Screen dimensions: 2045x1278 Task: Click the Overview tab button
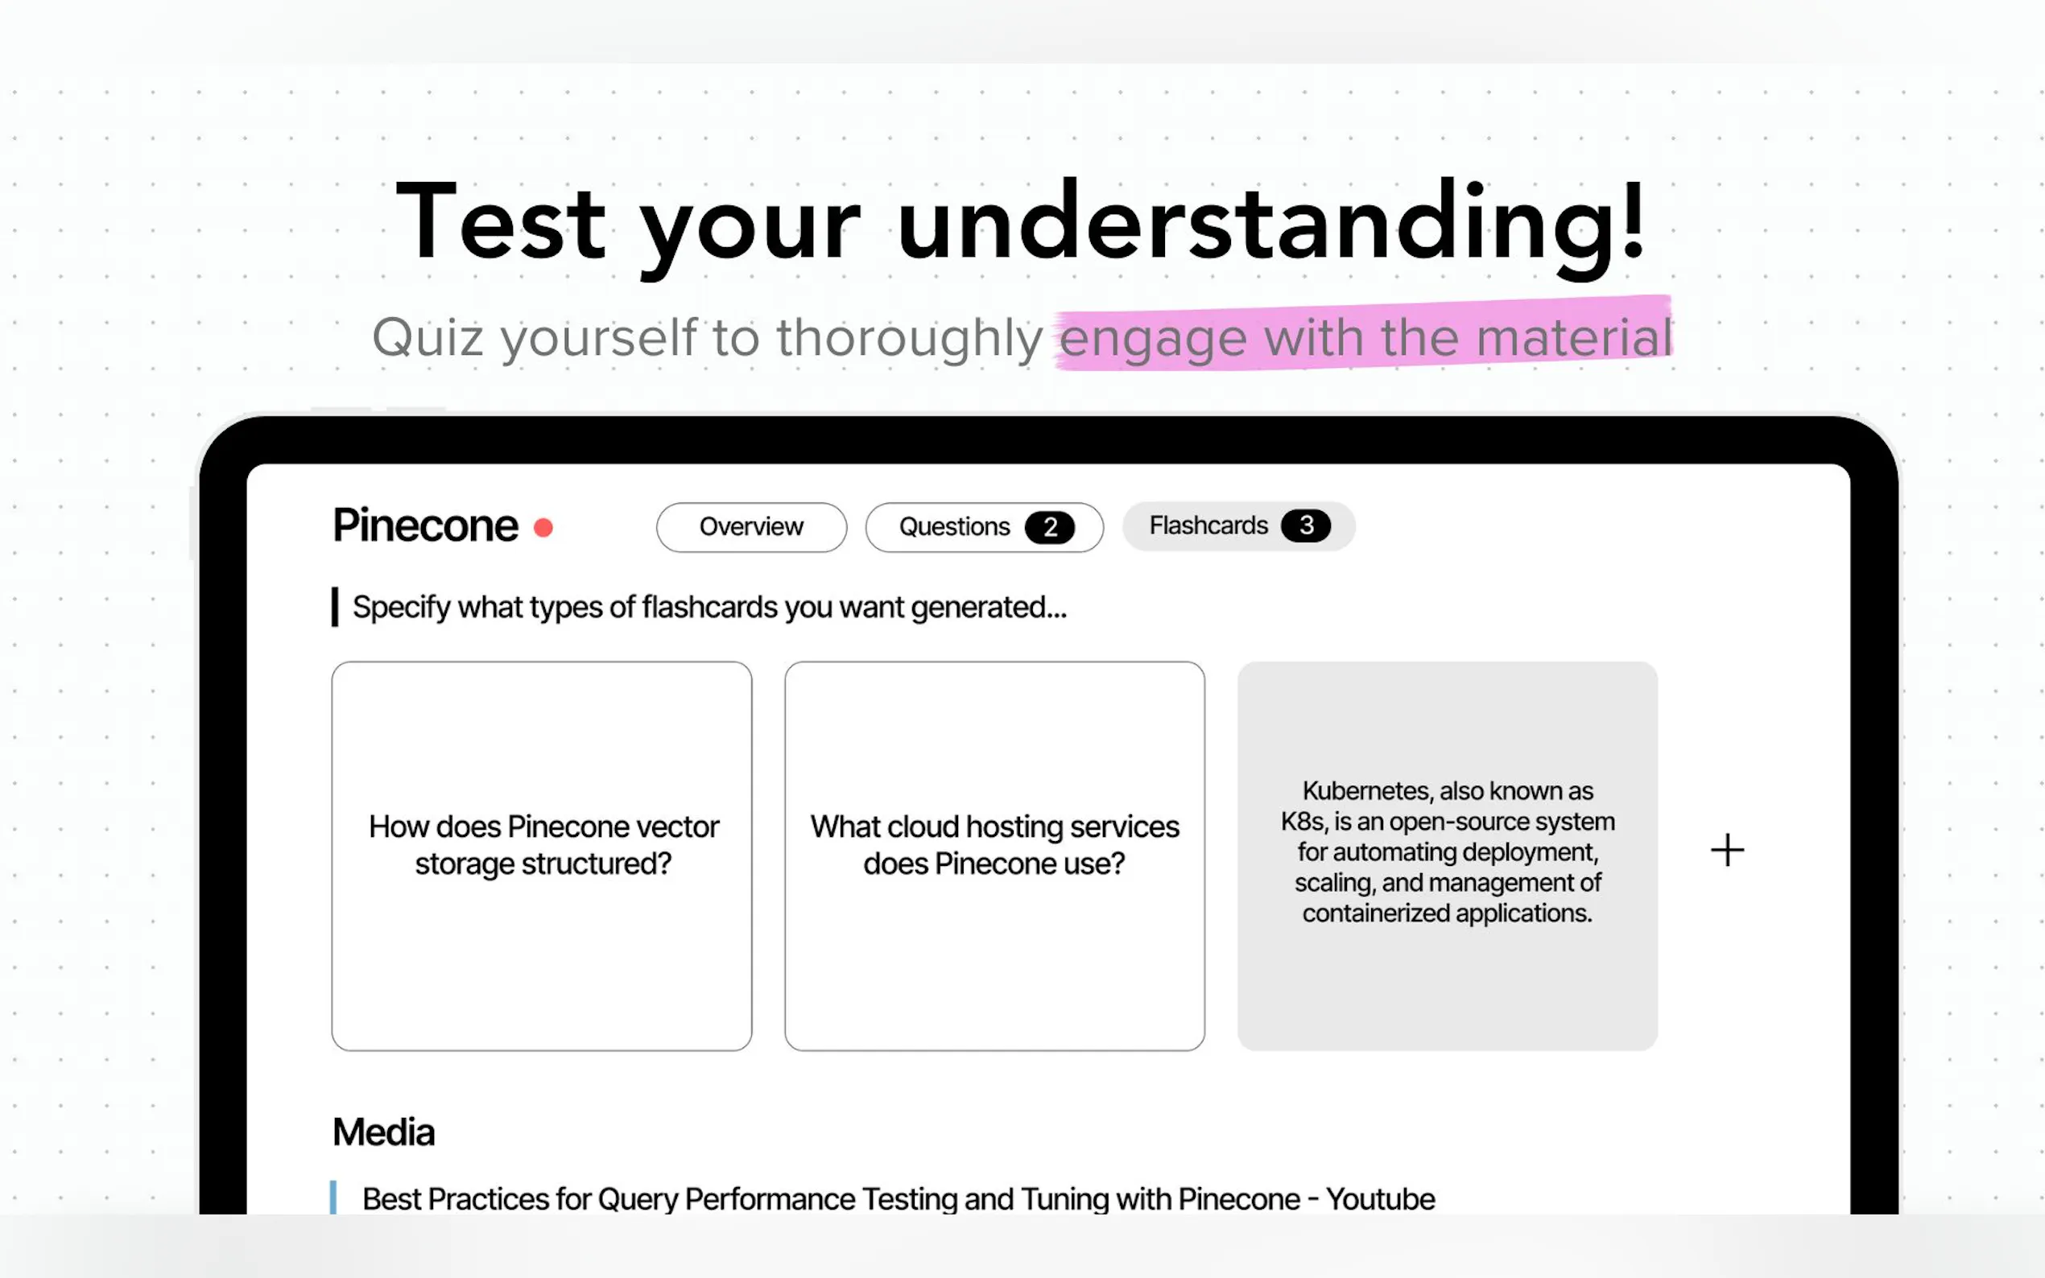tap(750, 526)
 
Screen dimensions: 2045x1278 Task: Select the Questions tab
tap(984, 526)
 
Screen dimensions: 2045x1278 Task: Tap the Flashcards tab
tap(1238, 526)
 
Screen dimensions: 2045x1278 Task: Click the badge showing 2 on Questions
tap(1049, 527)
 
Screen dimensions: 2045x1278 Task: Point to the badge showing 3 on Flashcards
tap(1305, 526)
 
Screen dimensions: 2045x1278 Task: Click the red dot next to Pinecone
tap(543, 528)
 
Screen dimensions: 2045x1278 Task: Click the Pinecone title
tap(425, 526)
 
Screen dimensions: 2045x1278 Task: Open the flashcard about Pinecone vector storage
tap(542, 855)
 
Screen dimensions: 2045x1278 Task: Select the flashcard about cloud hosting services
tap(994, 855)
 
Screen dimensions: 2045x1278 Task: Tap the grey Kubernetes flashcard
tap(1448, 855)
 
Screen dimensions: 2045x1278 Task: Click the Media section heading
tap(384, 1132)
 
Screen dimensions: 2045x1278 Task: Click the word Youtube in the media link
tap(1380, 1198)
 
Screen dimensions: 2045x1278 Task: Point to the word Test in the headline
tap(502, 221)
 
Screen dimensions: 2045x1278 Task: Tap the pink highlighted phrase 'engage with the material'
tap(1365, 336)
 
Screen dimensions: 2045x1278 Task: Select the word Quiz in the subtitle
tap(428, 337)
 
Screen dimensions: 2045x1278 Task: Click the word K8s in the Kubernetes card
tap(1302, 822)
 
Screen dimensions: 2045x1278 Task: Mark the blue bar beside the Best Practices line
tap(333, 1198)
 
